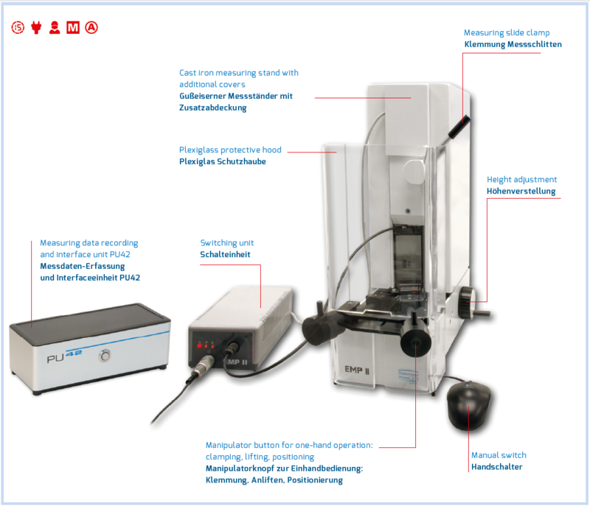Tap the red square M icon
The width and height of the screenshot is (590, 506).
tap(73, 28)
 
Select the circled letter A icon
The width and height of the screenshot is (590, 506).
tap(91, 28)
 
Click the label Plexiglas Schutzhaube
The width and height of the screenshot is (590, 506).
tap(222, 161)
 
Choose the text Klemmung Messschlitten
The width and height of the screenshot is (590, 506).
tap(513, 44)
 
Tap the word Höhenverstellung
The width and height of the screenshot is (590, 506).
tap(521, 191)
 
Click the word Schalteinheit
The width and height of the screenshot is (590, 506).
tap(225, 255)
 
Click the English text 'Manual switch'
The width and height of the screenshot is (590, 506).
tap(499, 455)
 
